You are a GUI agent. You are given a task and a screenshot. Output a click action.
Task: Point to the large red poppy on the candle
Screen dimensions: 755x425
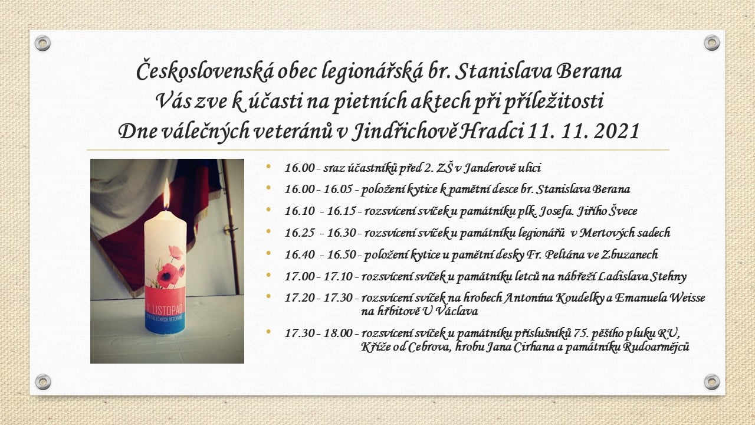tap(168, 276)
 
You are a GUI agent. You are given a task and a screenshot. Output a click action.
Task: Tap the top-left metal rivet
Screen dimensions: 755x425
tap(42, 43)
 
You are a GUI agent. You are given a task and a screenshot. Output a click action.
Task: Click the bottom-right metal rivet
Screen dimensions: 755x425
tap(711, 382)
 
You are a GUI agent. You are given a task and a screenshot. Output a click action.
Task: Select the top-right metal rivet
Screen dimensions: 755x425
tap(711, 43)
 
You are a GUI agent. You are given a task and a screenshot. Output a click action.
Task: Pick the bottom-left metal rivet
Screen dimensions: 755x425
tap(43, 382)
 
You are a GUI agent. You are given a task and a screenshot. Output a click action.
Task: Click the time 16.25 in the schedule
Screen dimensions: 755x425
tap(300, 233)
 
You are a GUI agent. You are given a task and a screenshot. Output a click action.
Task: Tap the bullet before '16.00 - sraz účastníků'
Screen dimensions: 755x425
tap(268, 166)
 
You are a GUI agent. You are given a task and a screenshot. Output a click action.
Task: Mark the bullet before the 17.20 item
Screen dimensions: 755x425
tap(268, 296)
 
